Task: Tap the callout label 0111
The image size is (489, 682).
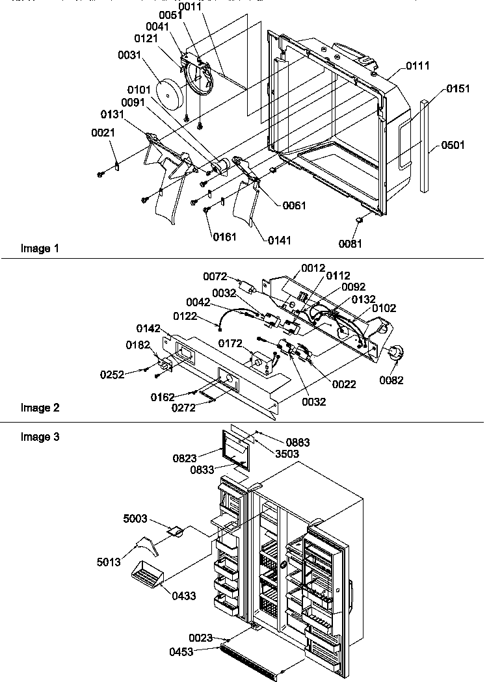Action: coord(417,66)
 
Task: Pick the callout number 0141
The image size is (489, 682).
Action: coord(279,240)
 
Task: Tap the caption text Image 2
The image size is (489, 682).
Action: coord(40,408)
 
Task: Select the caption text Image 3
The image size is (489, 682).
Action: coord(40,438)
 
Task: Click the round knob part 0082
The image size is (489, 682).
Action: coord(394,354)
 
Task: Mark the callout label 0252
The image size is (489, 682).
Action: coord(112,374)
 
